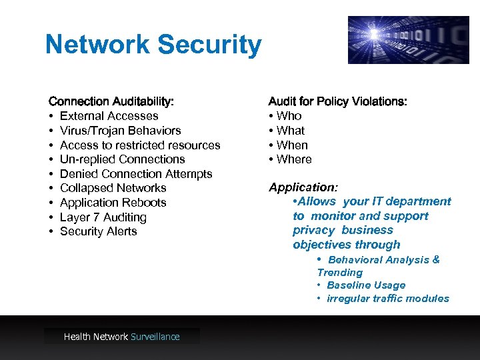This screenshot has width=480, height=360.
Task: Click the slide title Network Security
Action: (153, 45)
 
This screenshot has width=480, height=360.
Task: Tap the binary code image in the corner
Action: (408, 40)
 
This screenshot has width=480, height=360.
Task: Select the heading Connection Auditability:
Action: (111, 101)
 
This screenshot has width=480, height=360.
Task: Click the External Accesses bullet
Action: (109, 116)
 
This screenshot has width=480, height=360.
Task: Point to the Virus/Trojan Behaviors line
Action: (120, 131)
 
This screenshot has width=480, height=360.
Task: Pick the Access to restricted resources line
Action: (140, 145)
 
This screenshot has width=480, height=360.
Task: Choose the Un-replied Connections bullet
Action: (122, 159)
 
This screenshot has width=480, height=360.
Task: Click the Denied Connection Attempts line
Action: (136, 174)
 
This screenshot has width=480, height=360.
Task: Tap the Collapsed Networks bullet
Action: (113, 188)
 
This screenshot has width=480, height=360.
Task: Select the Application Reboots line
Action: (113, 203)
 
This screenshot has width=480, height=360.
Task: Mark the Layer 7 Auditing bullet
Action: (103, 217)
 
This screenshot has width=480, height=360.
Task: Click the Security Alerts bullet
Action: (98, 231)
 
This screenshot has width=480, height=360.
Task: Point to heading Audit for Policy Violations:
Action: (337, 101)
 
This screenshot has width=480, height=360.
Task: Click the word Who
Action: (289, 116)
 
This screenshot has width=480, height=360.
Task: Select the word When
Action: (292, 145)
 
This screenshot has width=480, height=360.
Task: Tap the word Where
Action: (294, 159)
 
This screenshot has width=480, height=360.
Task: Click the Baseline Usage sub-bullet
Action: (366, 285)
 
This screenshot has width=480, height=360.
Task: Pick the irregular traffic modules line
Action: (388, 299)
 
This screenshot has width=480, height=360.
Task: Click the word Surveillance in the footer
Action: (155, 337)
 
